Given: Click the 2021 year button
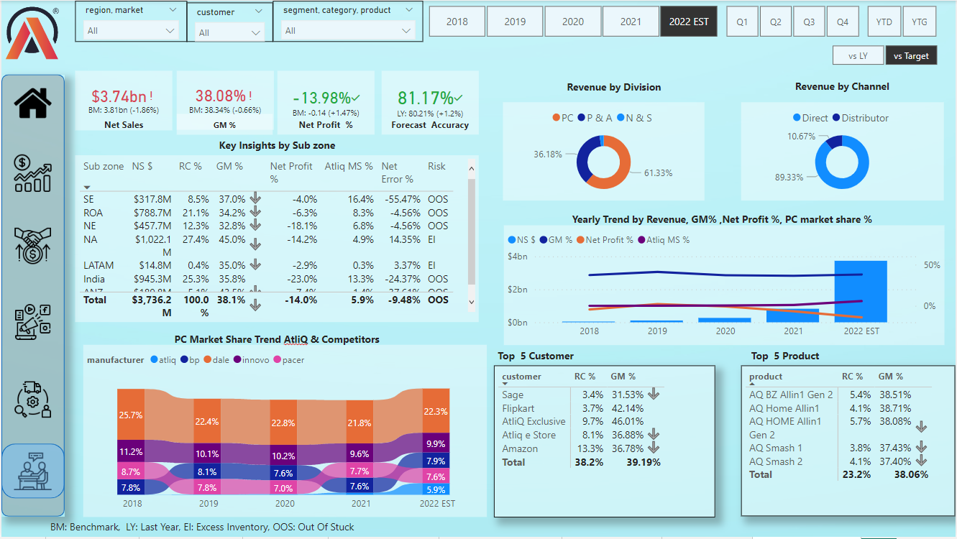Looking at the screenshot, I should click(x=631, y=22).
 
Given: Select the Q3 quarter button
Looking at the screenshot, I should click(x=809, y=22).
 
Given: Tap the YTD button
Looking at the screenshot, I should click(x=884, y=22).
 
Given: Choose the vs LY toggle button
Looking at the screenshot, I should click(x=858, y=56).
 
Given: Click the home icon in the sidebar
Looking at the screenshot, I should click(x=33, y=103).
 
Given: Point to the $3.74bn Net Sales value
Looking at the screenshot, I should click(x=118, y=97).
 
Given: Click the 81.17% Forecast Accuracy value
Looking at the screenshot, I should click(x=426, y=98).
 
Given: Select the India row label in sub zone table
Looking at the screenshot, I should click(x=94, y=279).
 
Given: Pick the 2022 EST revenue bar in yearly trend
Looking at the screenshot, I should click(x=861, y=291).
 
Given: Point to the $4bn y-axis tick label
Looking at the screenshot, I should click(x=517, y=257).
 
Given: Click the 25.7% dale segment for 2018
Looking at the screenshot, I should click(x=130, y=415).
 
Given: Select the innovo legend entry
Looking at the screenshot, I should click(x=254, y=360).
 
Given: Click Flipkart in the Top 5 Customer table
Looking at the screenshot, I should click(x=518, y=408).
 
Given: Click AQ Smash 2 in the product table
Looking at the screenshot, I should click(x=776, y=461).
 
